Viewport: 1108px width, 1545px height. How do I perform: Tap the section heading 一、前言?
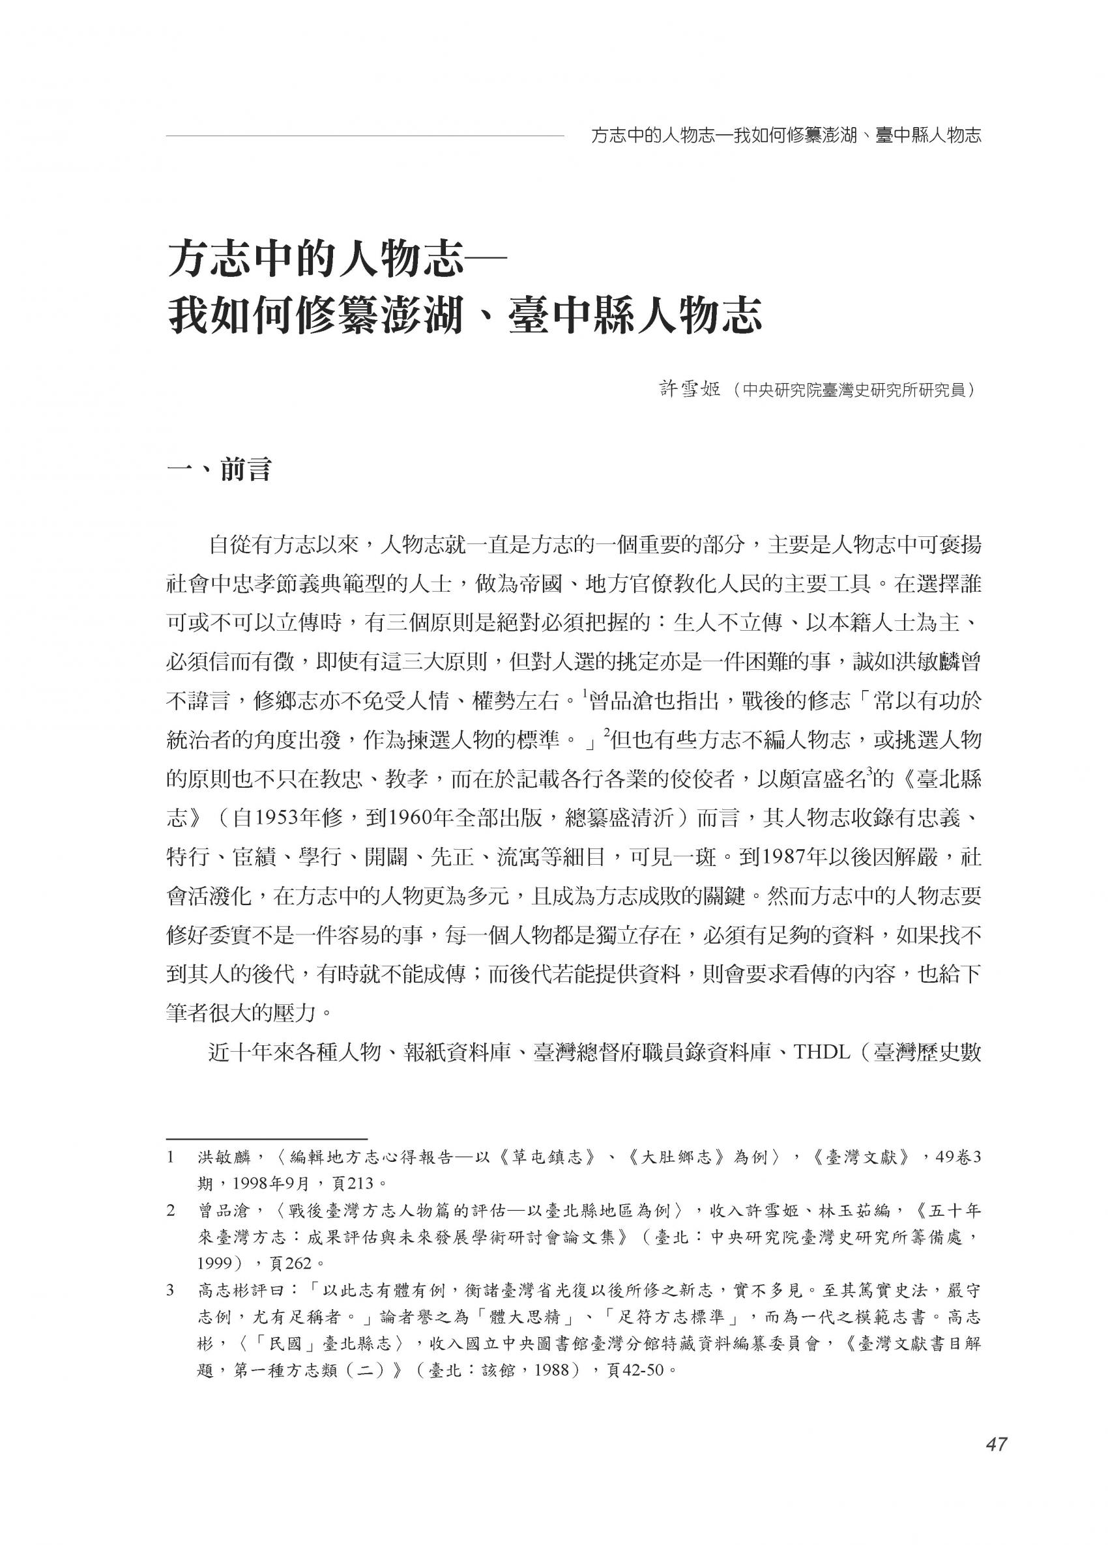(x=220, y=470)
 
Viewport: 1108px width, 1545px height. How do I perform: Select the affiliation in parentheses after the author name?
(x=849, y=391)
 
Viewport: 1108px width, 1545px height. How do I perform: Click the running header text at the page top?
(x=785, y=136)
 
